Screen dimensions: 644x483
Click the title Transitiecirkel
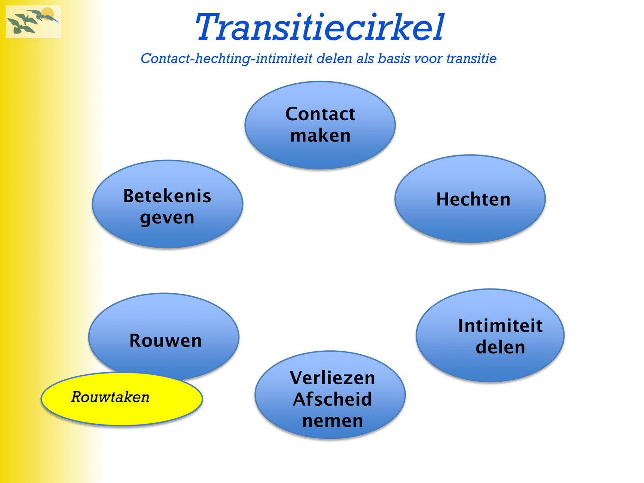pyautogui.click(x=319, y=27)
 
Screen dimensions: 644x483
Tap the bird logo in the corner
pyautogui.click(x=33, y=22)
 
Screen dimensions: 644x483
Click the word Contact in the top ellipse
pyautogui.click(x=320, y=114)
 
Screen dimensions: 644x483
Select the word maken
pyautogui.click(x=320, y=136)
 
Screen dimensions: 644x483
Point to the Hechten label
pyautogui.click(x=473, y=199)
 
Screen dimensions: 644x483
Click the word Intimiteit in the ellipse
pyautogui.click(x=500, y=325)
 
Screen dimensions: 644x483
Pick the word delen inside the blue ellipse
pyautogui.click(x=500, y=347)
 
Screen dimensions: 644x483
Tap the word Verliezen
pyautogui.click(x=332, y=378)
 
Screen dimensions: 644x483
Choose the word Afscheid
pyautogui.click(x=332, y=399)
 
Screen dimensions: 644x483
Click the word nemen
pyautogui.click(x=332, y=421)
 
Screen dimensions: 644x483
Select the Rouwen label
pyautogui.click(x=165, y=341)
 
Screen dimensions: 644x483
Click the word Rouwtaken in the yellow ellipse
pyautogui.click(x=110, y=397)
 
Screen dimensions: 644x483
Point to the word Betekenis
pyautogui.click(x=167, y=196)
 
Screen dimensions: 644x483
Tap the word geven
pyautogui.click(x=167, y=218)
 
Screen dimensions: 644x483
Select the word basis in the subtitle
pyautogui.click(x=394, y=58)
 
